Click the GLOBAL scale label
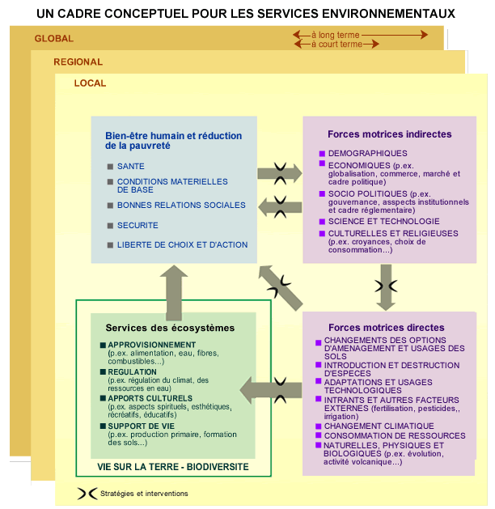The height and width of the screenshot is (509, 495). click(x=54, y=39)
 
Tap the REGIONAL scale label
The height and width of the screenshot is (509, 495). click(x=78, y=62)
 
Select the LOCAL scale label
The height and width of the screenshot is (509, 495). click(x=90, y=83)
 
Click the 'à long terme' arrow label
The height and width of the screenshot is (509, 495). click(x=336, y=35)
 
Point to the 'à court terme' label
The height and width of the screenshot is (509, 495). click(x=336, y=44)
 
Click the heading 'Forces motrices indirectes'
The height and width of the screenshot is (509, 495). click(x=389, y=134)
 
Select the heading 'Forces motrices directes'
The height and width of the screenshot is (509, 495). click(x=387, y=327)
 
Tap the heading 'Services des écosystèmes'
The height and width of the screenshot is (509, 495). click(x=170, y=328)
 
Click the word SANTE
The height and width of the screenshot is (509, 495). click(x=131, y=166)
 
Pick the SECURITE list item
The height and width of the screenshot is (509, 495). click(x=137, y=225)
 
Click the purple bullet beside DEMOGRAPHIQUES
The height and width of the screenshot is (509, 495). click(x=322, y=154)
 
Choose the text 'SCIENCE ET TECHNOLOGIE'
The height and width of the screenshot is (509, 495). click(x=383, y=222)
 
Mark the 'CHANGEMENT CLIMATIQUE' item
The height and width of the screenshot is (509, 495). click(x=379, y=426)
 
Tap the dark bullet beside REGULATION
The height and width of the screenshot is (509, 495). click(x=104, y=371)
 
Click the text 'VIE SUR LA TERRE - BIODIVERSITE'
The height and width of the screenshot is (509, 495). click(x=173, y=467)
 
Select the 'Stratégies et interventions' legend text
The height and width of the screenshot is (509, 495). click(x=144, y=494)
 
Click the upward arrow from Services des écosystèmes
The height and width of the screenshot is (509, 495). click(x=174, y=293)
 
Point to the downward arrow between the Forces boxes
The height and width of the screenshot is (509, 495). click(x=386, y=287)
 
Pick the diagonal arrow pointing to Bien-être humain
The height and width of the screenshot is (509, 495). click(x=281, y=288)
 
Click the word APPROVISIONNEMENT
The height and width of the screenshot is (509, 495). click(x=152, y=345)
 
